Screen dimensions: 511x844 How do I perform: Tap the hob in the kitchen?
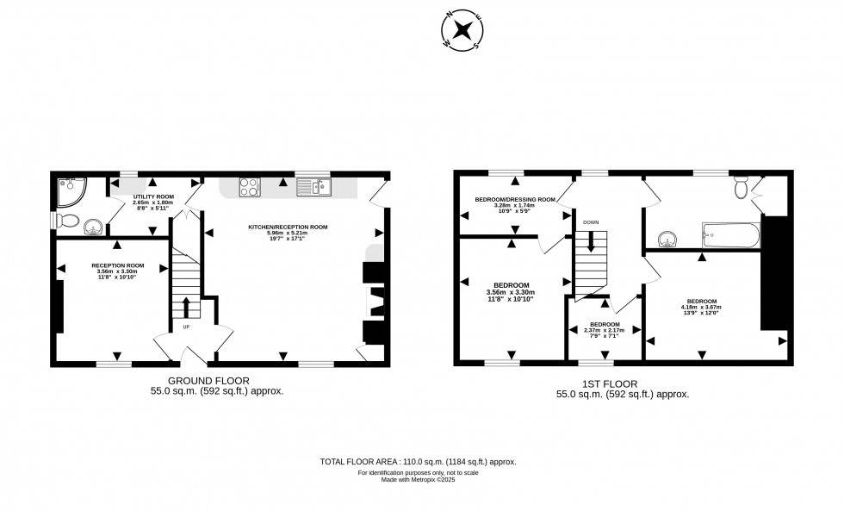coord(250,187)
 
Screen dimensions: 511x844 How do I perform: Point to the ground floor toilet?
coord(69,221)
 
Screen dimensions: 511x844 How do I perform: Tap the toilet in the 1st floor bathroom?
coord(740,187)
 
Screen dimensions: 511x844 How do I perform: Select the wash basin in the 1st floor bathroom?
coord(667,237)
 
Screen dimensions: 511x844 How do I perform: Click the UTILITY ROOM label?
coord(153,196)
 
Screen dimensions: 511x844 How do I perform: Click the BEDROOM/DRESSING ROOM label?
coord(516,199)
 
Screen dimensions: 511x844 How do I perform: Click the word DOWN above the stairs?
coord(591,222)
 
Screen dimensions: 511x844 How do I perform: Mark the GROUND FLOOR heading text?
coord(208,380)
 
